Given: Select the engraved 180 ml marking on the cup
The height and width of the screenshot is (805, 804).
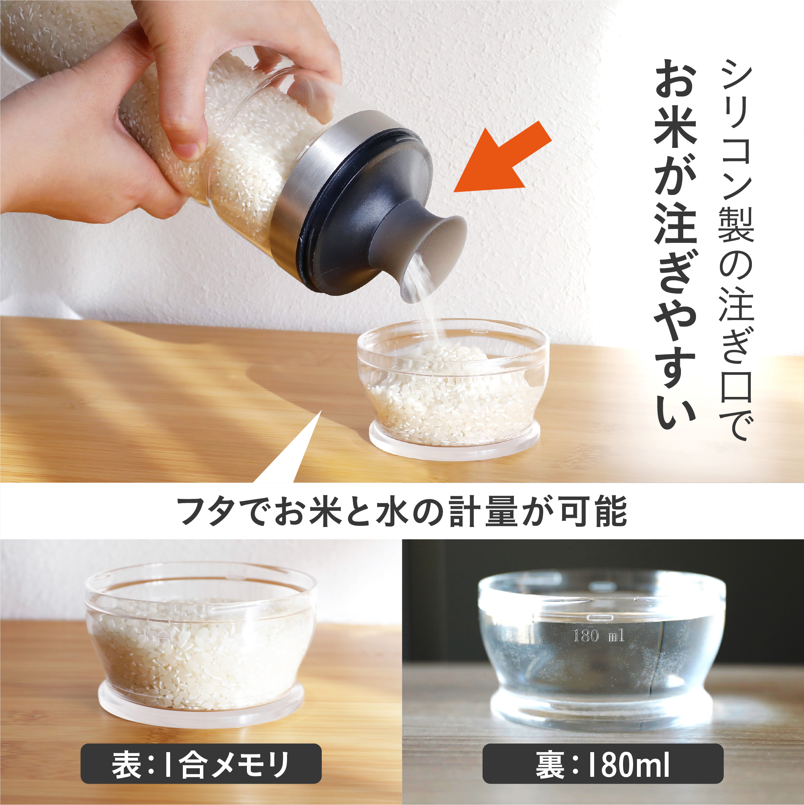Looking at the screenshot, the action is (x=599, y=636).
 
